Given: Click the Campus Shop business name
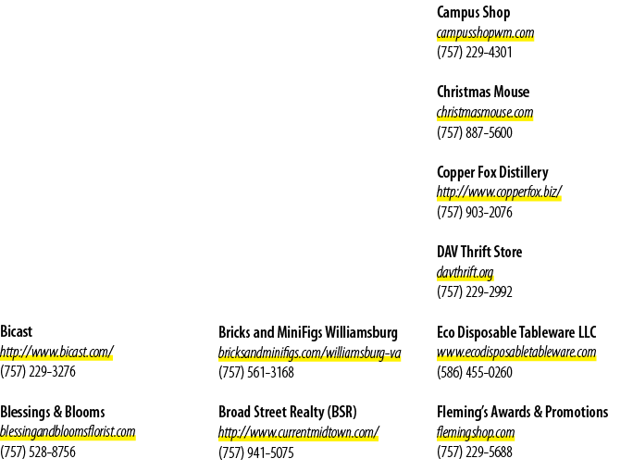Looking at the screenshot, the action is pos(473,13).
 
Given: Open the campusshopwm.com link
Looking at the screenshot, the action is pos(485,32).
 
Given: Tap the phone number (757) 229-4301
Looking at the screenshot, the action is pos(475,53).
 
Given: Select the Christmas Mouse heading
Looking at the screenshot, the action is pos(483,92).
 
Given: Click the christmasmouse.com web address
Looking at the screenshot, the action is pos(485,112).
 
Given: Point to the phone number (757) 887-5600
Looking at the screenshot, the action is pos(475,132).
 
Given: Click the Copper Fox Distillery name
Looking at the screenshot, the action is pos(492,172).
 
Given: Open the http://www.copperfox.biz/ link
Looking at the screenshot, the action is pos(499,192).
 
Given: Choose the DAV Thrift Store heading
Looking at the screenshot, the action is pos(479,252).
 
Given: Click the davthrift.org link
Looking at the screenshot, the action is pos(465,272).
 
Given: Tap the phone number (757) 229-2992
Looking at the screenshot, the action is pos(475,291).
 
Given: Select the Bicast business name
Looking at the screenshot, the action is pos(16,331).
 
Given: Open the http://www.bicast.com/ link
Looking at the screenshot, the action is pos(56,352).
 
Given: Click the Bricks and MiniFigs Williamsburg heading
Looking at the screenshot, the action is pos(308,332).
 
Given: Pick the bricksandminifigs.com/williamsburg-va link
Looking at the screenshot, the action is pos(310,353).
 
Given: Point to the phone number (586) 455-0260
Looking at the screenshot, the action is pos(475,372).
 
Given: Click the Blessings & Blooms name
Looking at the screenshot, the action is pos(53,412).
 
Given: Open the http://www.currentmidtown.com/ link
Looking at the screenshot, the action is pos(298,432).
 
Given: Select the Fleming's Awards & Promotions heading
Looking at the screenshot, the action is pos(522,412).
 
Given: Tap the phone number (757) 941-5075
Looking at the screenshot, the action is pos(256,452).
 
